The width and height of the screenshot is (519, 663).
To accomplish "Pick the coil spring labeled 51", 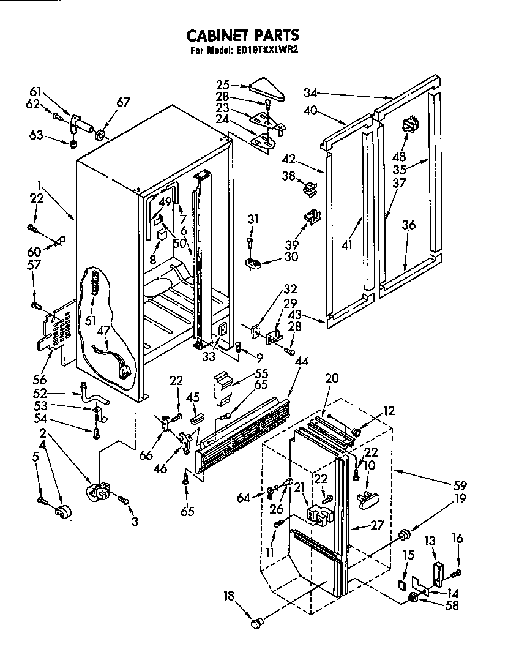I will tap(95, 285).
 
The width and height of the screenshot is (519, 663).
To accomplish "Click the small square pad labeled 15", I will tap(401, 583).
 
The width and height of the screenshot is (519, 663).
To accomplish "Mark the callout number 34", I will tap(311, 93).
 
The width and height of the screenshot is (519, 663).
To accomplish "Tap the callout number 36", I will tap(408, 225).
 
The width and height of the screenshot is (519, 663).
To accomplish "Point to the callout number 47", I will tap(103, 330).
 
